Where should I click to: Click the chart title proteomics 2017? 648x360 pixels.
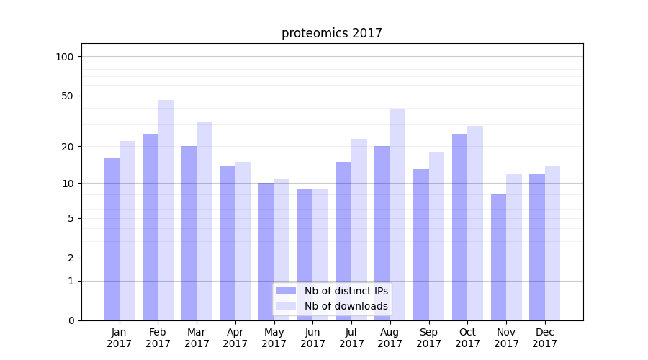click(331, 33)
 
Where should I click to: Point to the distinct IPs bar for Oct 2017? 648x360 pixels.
click(459, 227)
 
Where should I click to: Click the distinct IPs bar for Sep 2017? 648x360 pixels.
click(421, 245)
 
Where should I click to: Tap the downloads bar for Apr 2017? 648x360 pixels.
click(243, 241)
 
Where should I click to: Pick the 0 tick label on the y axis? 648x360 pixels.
click(71, 320)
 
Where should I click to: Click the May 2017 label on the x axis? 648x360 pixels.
click(274, 338)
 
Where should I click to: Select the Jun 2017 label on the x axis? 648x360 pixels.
click(312, 338)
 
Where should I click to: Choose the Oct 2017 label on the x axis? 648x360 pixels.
click(467, 338)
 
